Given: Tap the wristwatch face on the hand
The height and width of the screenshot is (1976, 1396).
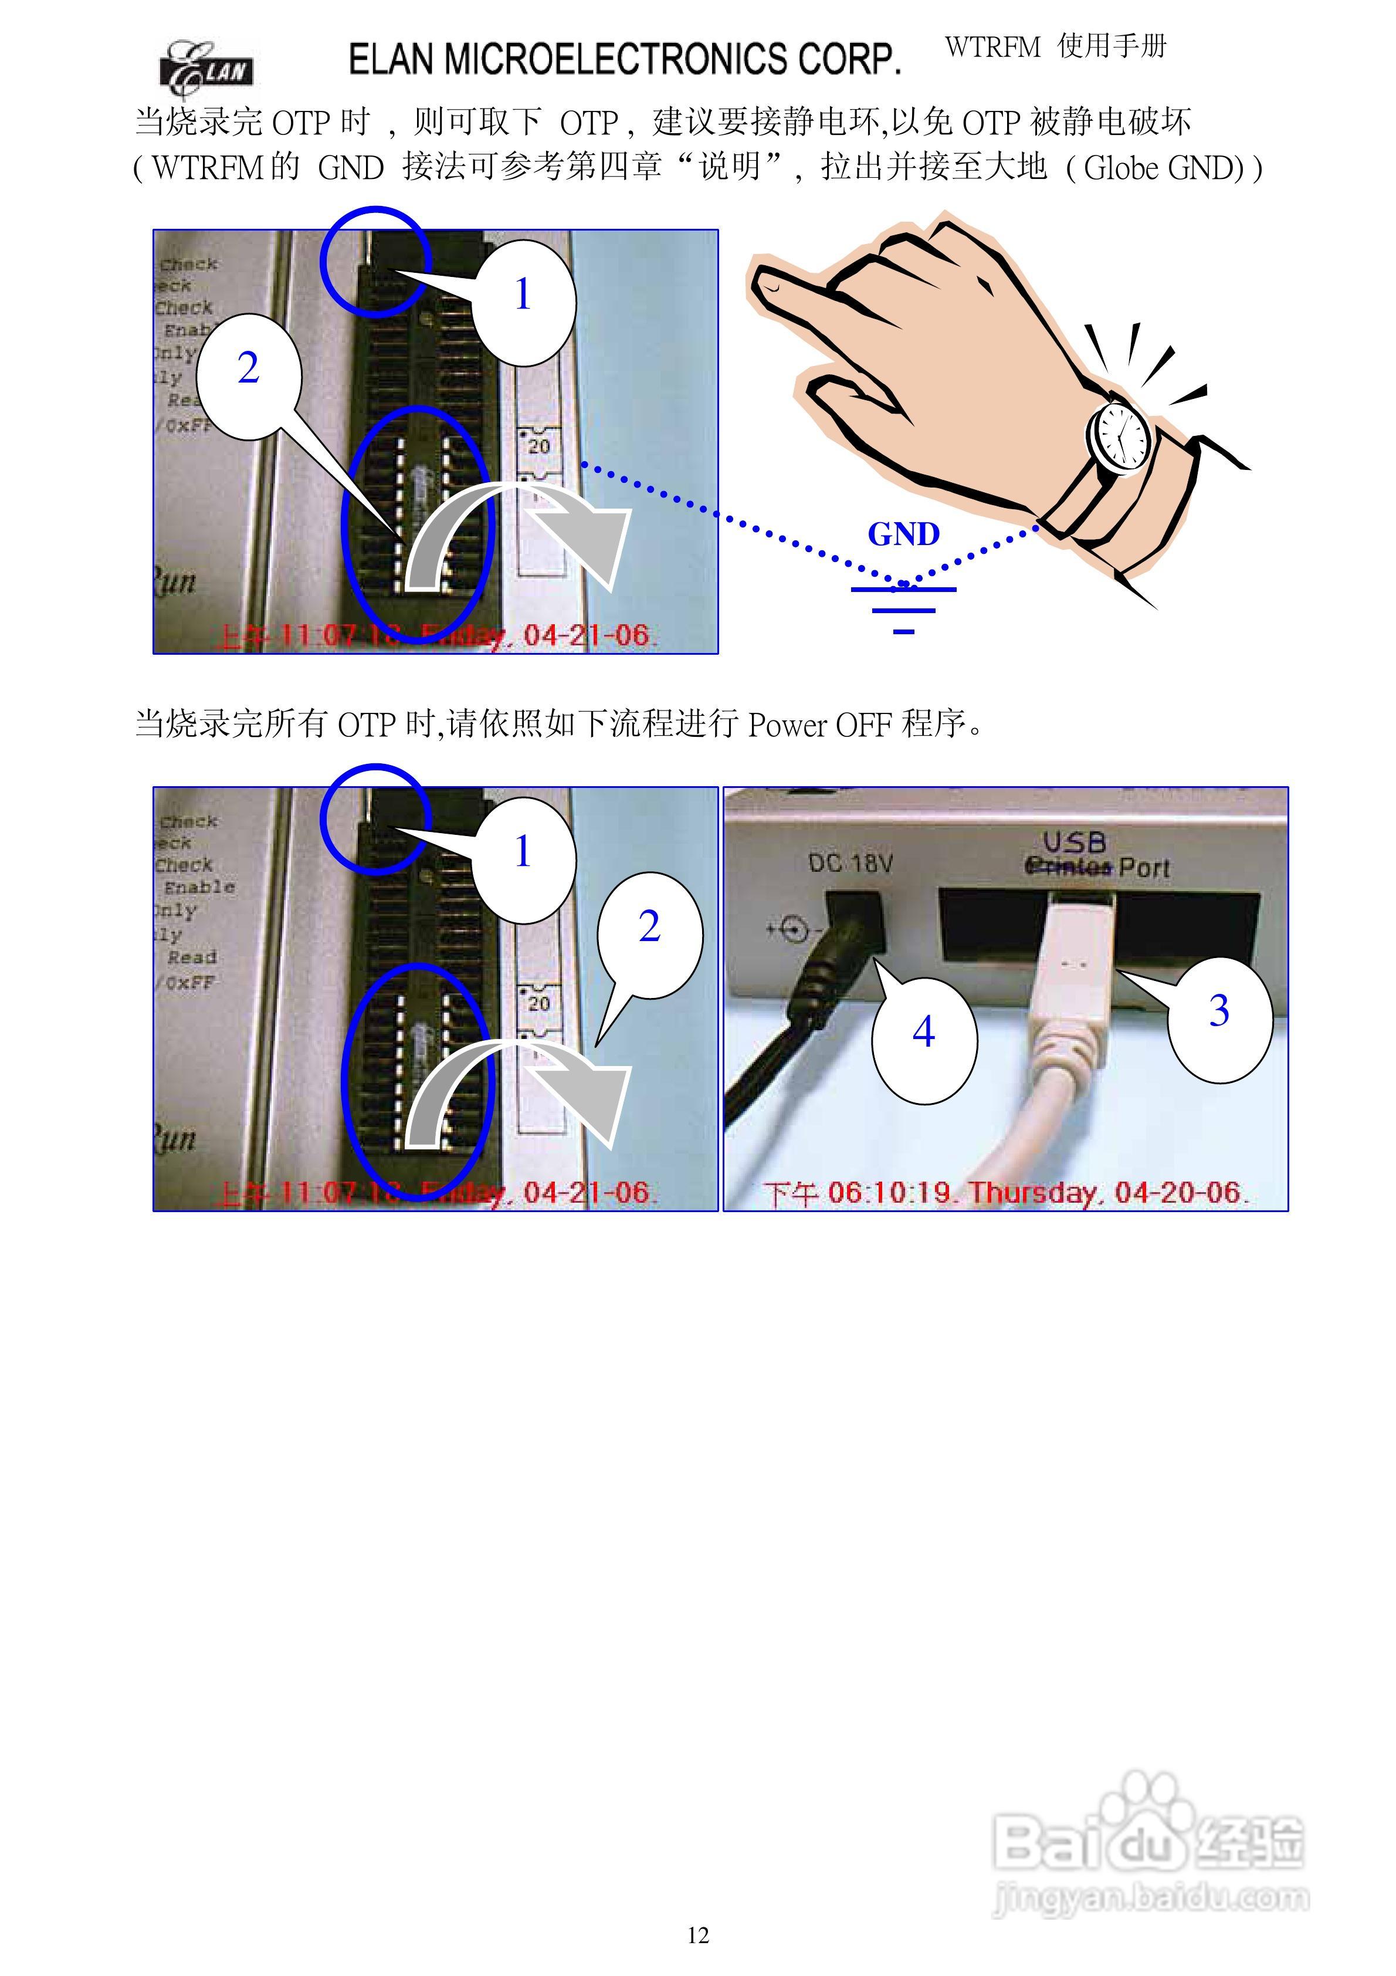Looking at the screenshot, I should [x=1121, y=435].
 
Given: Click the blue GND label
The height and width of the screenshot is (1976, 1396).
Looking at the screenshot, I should [x=903, y=534].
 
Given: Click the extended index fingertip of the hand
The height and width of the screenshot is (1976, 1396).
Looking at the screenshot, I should [x=768, y=284].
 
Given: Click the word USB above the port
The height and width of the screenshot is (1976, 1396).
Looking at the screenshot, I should [x=1073, y=842].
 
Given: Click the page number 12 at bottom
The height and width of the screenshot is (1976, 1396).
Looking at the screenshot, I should [x=698, y=1936].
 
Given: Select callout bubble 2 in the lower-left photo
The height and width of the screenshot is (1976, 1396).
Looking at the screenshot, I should [x=650, y=928].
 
